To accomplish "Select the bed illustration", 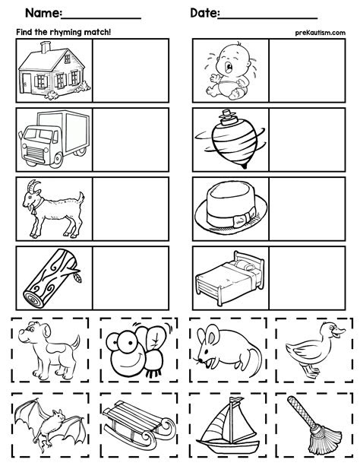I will point(229,277).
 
